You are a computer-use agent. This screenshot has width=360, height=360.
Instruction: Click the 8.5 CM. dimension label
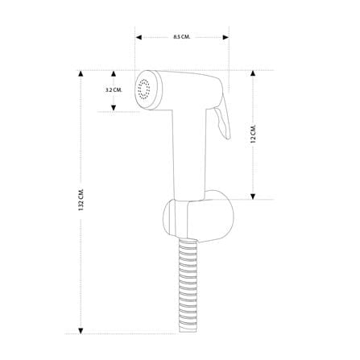tap(182, 37)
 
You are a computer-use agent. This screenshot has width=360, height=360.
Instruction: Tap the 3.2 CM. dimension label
tap(114, 90)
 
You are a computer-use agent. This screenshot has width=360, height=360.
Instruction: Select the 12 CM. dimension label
tap(253, 134)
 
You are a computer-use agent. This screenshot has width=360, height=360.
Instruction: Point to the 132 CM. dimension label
tap(81, 200)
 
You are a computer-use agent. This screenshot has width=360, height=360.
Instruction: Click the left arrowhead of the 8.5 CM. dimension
tap(139, 37)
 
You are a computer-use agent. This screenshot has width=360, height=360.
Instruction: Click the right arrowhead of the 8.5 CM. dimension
tap(226, 37)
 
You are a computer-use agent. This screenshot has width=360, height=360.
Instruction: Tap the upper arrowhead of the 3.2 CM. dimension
tap(114, 74)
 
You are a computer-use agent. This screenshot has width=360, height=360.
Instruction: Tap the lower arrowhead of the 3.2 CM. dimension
tap(114, 108)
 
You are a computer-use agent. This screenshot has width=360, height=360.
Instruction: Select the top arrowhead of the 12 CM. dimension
tap(253, 73)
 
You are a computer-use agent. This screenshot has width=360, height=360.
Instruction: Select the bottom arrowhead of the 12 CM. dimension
tap(253, 197)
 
